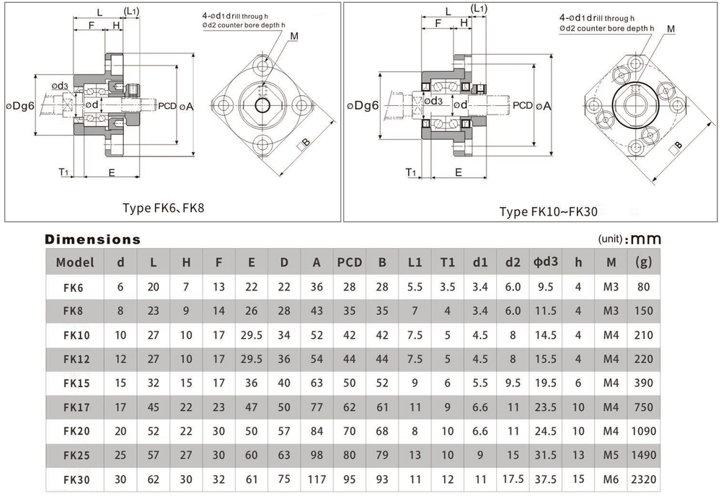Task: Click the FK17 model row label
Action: coord(76,407)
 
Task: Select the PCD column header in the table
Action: coord(350,262)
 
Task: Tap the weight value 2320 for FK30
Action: coord(643,479)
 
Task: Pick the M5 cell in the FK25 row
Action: coord(611,455)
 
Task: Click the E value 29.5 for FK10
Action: coord(251,335)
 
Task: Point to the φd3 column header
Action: coord(545,262)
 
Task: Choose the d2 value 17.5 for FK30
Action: coord(513,479)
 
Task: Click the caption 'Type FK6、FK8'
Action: coord(163,208)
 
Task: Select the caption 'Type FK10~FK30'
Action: coord(549,211)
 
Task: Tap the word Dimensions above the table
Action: coord(92,239)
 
